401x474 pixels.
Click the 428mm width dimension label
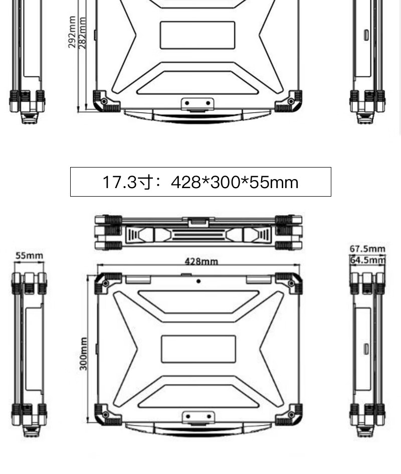(202, 261)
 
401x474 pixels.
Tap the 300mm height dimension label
(83, 354)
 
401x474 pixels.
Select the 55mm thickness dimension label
(29, 255)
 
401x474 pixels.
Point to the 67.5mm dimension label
(367, 249)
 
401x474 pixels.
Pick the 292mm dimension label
(72, 32)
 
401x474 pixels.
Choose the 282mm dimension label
(82, 33)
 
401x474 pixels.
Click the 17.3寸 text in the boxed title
(127, 182)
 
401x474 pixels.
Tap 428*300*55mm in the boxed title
(235, 182)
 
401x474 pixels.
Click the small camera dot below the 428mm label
(198, 281)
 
